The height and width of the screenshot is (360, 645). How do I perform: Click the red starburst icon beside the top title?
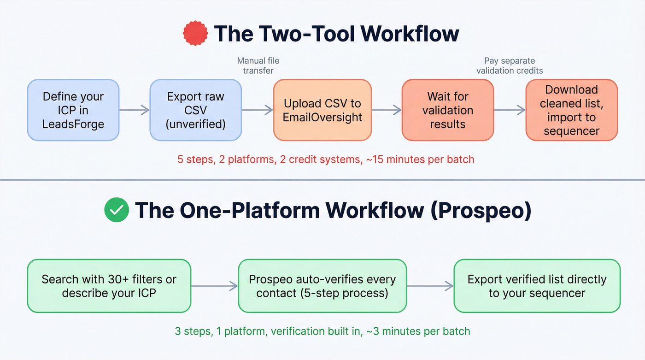[196, 34]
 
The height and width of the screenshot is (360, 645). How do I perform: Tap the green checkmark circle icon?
[117, 210]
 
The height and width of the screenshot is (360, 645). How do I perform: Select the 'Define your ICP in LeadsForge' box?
[73, 110]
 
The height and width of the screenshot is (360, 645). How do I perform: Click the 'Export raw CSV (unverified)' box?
[196, 110]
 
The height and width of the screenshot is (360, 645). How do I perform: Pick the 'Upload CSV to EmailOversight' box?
[322, 110]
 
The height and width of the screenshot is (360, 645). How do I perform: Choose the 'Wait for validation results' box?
[447, 110]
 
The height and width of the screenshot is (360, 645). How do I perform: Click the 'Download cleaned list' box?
[571, 110]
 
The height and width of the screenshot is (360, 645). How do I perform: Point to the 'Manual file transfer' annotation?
[258, 65]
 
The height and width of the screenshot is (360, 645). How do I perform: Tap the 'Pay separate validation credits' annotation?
[510, 65]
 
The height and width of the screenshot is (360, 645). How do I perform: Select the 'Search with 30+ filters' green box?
[109, 286]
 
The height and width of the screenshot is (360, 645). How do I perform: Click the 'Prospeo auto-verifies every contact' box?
[322, 286]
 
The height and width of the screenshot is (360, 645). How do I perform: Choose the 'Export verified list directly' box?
[537, 286]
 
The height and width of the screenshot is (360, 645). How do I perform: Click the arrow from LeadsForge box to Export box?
[135, 110]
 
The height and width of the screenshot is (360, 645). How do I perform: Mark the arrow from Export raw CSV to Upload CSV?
[258, 110]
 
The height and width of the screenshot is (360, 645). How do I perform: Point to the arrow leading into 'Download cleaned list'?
[510, 110]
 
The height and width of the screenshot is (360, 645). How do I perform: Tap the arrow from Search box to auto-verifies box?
[214, 286]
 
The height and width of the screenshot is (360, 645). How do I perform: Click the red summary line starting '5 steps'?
[326, 159]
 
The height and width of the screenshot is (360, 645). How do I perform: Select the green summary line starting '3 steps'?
[322, 331]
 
